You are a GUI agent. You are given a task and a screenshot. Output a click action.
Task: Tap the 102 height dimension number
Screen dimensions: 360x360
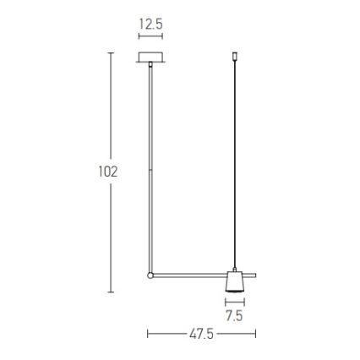pos(108,172)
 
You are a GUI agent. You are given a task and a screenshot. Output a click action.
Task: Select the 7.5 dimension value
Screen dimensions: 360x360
pos(235,316)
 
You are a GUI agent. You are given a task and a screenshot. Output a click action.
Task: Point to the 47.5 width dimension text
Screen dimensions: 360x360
pos(201,335)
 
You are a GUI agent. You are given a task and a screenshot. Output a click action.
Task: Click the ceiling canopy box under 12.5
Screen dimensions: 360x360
pos(150,60)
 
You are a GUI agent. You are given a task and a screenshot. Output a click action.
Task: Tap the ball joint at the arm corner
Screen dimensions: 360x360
pos(150,275)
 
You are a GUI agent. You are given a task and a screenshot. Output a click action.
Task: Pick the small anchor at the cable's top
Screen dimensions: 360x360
pos(234,58)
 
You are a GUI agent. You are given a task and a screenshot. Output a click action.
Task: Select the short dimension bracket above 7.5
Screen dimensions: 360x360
pos(235,302)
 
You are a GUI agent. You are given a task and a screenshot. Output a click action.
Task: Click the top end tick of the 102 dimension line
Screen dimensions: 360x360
pos(111,52)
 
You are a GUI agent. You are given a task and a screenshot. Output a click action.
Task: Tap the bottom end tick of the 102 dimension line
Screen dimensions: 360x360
pos(111,292)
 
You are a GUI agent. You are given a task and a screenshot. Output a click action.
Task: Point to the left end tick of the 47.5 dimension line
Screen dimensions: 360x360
pos(149,334)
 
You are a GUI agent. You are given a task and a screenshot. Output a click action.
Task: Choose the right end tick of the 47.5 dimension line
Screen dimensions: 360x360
pos(256,334)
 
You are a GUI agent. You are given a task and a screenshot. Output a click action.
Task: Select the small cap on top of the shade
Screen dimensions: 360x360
pos(235,268)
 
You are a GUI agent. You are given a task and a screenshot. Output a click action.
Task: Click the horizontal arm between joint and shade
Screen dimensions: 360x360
pos(190,274)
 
